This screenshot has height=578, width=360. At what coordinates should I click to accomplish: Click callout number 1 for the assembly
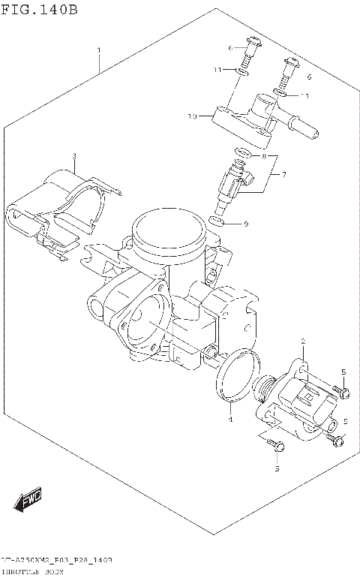pos(98,50)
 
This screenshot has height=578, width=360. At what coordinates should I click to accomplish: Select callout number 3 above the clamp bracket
pos(74,156)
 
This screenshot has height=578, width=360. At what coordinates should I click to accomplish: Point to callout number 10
pos(192,116)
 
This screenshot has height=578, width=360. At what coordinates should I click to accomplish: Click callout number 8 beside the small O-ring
pos(263,156)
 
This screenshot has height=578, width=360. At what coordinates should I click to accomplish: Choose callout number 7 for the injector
pos(283,175)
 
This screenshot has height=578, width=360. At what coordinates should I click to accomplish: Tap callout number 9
pos(245,223)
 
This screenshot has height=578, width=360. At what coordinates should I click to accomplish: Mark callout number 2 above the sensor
pos(302,342)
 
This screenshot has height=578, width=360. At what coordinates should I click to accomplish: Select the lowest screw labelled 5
pos(278,447)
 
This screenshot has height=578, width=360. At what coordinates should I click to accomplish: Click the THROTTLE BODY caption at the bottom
pos(34,571)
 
